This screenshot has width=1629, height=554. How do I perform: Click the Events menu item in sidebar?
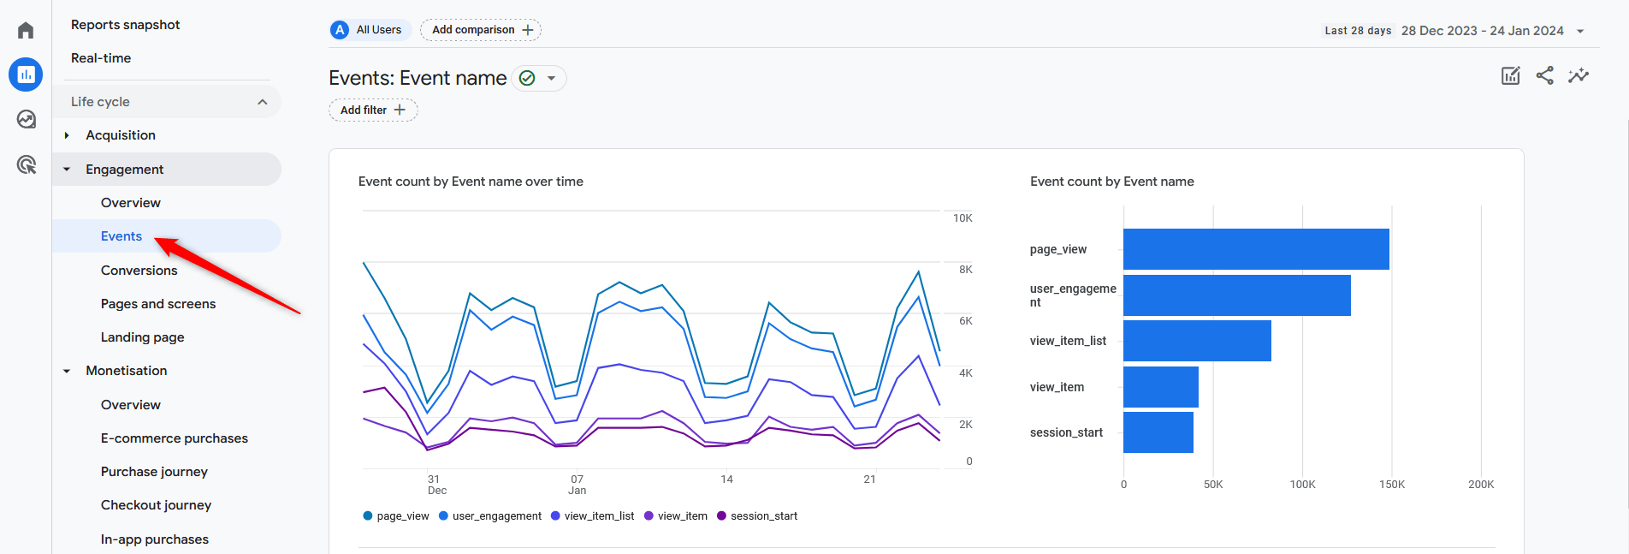coord(121,236)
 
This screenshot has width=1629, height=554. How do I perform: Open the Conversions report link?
coord(139,271)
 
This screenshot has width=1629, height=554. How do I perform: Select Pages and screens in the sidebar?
coord(157,304)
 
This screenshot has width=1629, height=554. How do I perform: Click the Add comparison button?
coord(481,30)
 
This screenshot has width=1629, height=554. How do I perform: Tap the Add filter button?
coord(373,110)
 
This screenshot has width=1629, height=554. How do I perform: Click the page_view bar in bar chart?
coord(1255,249)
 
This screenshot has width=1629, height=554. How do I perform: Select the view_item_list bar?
coord(1196,341)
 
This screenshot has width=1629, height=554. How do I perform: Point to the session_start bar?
coord(1158,432)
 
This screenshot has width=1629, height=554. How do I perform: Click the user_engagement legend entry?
coord(496,516)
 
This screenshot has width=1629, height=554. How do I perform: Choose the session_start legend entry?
coord(763,516)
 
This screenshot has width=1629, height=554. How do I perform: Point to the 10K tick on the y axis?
coord(963,218)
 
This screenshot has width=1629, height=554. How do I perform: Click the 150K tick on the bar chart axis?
coord(1391,485)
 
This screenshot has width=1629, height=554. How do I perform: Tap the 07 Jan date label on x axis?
coord(578,485)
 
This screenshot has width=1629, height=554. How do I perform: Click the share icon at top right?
coord(1544,75)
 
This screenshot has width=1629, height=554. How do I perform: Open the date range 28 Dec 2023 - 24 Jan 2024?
coord(1483,31)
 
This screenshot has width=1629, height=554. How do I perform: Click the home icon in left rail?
coord(26,31)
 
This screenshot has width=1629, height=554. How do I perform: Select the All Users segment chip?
coord(370,30)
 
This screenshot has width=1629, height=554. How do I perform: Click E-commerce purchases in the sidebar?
coord(175,438)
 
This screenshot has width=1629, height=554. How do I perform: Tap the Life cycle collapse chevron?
coord(263,102)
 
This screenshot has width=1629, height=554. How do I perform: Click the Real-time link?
coord(101,58)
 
